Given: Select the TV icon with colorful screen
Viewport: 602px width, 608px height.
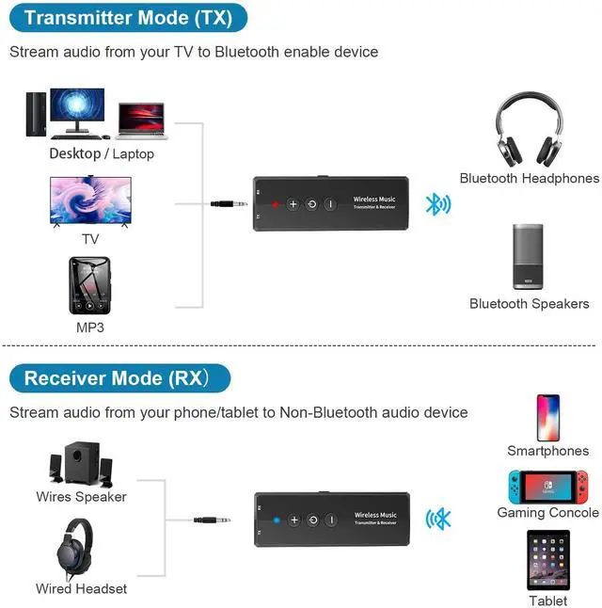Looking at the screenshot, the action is pyautogui.click(x=89, y=200).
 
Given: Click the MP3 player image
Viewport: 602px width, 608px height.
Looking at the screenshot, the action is pyautogui.click(x=89, y=285).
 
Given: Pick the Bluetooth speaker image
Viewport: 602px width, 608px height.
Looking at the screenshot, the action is pyautogui.click(x=529, y=255).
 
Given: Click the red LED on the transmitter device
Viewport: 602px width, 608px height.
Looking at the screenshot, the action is pyautogui.click(x=275, y=204).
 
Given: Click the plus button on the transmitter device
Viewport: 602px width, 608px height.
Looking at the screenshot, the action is pyautogui.click(x=293, y=204).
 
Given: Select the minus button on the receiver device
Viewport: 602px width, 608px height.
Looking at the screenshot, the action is pyautogui.click(x=330, y=520).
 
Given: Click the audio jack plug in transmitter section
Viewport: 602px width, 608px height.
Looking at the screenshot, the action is pyautogui.click(x=230, y=202).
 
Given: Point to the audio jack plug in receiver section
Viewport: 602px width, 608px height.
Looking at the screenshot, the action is pyautogui.click(x=213, y=520).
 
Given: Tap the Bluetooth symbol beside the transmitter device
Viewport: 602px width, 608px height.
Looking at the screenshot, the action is pyautogui.click(x=437, y=204).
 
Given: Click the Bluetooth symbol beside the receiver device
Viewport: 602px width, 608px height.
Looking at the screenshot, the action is pyautogui.click(x=439, y=519).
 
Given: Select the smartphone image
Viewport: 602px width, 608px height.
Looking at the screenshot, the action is pyautogui.click(x=547, y=417).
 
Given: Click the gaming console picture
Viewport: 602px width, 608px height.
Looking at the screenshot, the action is pyautogui.click(x=547, y=486).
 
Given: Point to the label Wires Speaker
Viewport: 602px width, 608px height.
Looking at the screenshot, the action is pyautogui.click(x=81, y=496).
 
